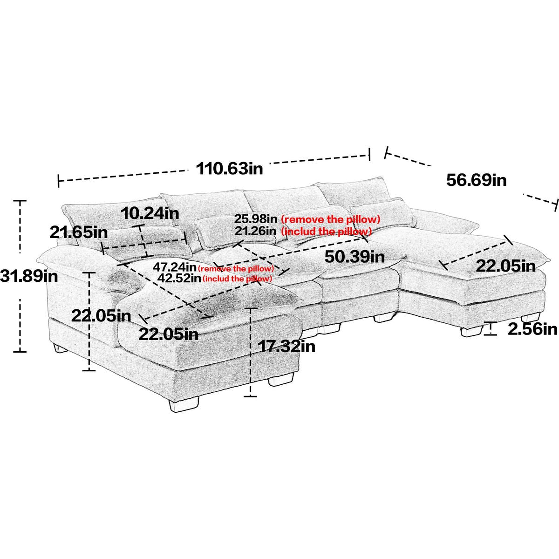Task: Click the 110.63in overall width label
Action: pos(229,168)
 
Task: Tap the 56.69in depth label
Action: pos(476,179)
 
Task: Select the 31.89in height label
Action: pos(29,277)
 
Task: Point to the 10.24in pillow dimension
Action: pos(150,213)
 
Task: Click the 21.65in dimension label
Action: pos(79,232)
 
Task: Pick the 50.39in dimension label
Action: pos(354,256)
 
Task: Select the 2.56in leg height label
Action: pos(532,329)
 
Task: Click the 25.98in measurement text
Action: pos(256,218)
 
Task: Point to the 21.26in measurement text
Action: pos(256,231)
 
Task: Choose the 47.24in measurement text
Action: pos(175,267)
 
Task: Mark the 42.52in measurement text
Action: pos(179,278)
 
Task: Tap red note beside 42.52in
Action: pos(237,279)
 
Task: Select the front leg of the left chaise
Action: pos(183,404)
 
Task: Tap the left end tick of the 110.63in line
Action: pos(58,181)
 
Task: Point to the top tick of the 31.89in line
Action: pos(20,201)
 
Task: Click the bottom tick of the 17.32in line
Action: pos(250,396)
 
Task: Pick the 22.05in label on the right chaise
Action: pos(505,266)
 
